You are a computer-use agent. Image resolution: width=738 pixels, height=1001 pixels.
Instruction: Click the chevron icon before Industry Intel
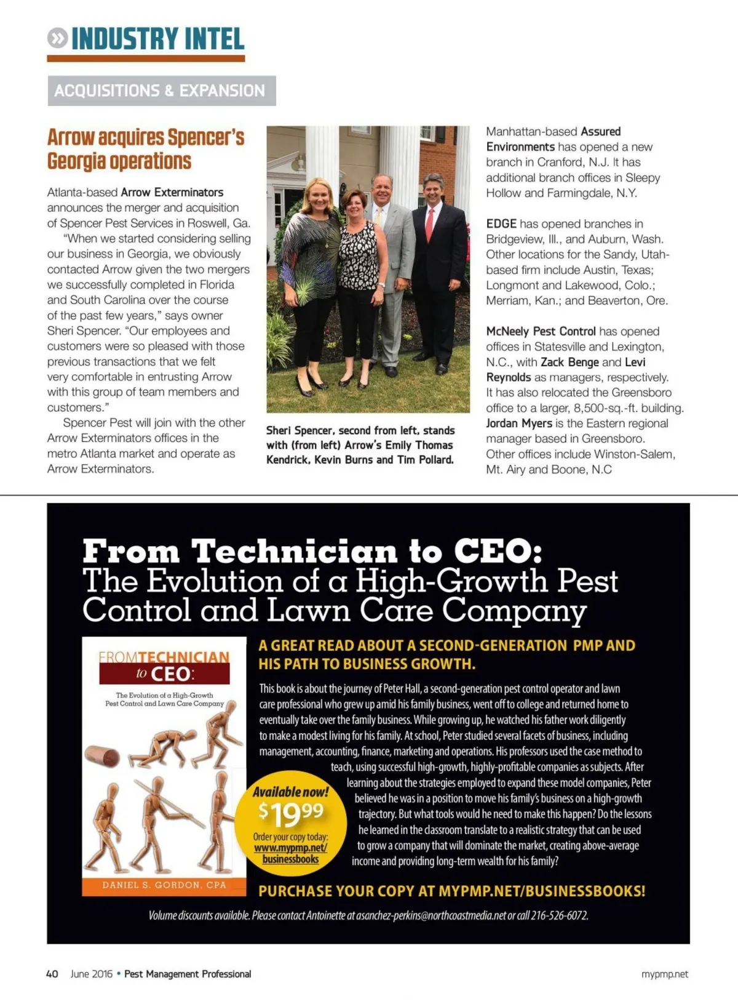coord(57,39)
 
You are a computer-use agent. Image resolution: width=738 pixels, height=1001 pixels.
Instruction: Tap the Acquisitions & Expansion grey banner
coord(161,90)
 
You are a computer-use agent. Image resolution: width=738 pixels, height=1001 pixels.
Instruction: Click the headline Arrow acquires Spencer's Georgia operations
coord(146,148)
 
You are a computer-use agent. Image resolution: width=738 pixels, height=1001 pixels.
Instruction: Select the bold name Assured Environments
coord(553,139)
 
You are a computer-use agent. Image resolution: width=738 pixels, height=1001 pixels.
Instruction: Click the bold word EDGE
coord(501,223)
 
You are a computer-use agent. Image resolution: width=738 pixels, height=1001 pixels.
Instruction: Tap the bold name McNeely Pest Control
coord(541,331)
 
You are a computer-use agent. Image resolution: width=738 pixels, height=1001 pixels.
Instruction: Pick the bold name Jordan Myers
coord(519,423)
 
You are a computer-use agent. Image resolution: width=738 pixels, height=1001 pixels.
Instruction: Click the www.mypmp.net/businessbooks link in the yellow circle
coord(290,853)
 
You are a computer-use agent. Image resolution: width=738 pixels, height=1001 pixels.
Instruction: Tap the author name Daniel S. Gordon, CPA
coord(164,885)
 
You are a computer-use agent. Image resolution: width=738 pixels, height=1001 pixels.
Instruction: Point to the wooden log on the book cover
coord(103,756)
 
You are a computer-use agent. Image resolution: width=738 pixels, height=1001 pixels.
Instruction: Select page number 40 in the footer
coord(52,974)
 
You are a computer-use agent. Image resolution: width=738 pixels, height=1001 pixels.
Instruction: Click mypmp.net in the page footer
coord(664,974)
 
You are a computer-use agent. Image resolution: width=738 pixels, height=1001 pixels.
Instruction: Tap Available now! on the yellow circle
coord(290,792)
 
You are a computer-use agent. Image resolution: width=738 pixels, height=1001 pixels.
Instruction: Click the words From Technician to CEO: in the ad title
coord(312,550)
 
